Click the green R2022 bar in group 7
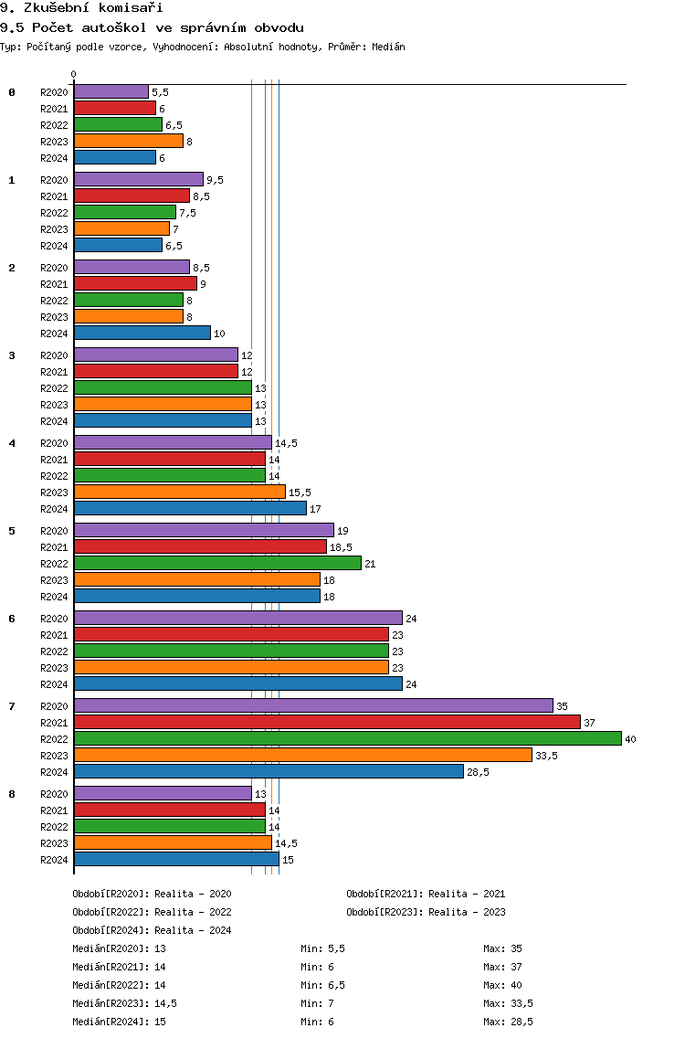pos(348,739)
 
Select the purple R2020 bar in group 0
pos(111,92)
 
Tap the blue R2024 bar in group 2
pos(142,333)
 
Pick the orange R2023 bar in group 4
pos(180,492)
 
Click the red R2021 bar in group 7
pos(328,722)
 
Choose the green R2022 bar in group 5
pos(217,564)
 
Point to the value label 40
pos(631,739)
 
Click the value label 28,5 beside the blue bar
pos(478,772)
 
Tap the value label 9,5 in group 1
pos(216,180)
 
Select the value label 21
pos(370,564)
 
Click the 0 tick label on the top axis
pos(73,74)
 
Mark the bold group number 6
pos(12,619)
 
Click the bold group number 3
pos(12,355)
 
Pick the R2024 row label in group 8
pos(54,860)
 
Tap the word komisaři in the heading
pos(131,8)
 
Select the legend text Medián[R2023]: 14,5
pos(124,1003)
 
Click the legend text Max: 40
pos(502,985)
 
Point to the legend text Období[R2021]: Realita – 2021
pos(426,894)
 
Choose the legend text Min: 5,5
pos(322,948)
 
